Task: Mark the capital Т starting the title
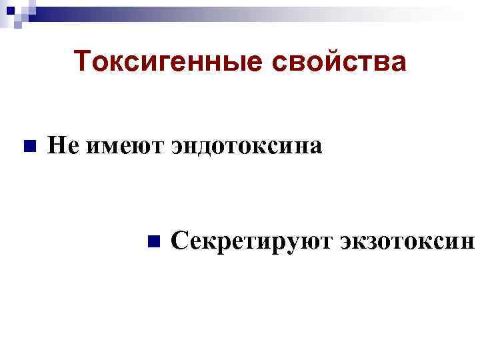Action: [83, 62]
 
